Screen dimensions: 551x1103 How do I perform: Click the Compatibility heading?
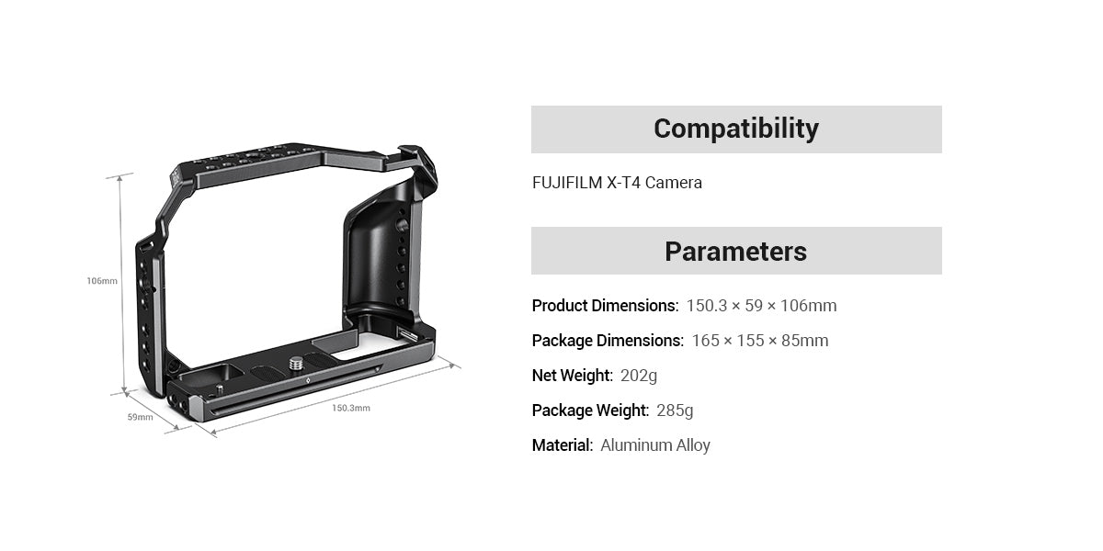point(735,129)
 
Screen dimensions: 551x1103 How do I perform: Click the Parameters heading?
point(735,251)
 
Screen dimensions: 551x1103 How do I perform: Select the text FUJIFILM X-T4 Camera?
point(617,183)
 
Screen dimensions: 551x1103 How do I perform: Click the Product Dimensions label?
point(605,306)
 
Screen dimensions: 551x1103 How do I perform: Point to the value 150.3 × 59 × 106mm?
point(761,306)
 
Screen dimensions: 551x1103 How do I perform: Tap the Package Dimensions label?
point(608,341)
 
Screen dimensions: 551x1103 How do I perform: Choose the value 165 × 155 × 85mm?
point(759,341)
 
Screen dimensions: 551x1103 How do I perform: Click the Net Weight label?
point(572,376)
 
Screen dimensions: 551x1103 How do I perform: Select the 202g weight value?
point(639,376)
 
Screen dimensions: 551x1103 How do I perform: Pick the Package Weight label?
point(590,410)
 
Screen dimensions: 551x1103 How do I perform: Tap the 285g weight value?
point(675,410)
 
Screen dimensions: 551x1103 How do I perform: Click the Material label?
point(562,445)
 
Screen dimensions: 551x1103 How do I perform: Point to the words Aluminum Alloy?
point(655,445)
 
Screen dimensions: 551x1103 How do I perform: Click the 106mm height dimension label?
point(102,280)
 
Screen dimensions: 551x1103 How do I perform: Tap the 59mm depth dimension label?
point(140,417)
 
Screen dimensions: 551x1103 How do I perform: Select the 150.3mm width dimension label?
point(350,408)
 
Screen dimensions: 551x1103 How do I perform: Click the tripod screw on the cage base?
point(298,364)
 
